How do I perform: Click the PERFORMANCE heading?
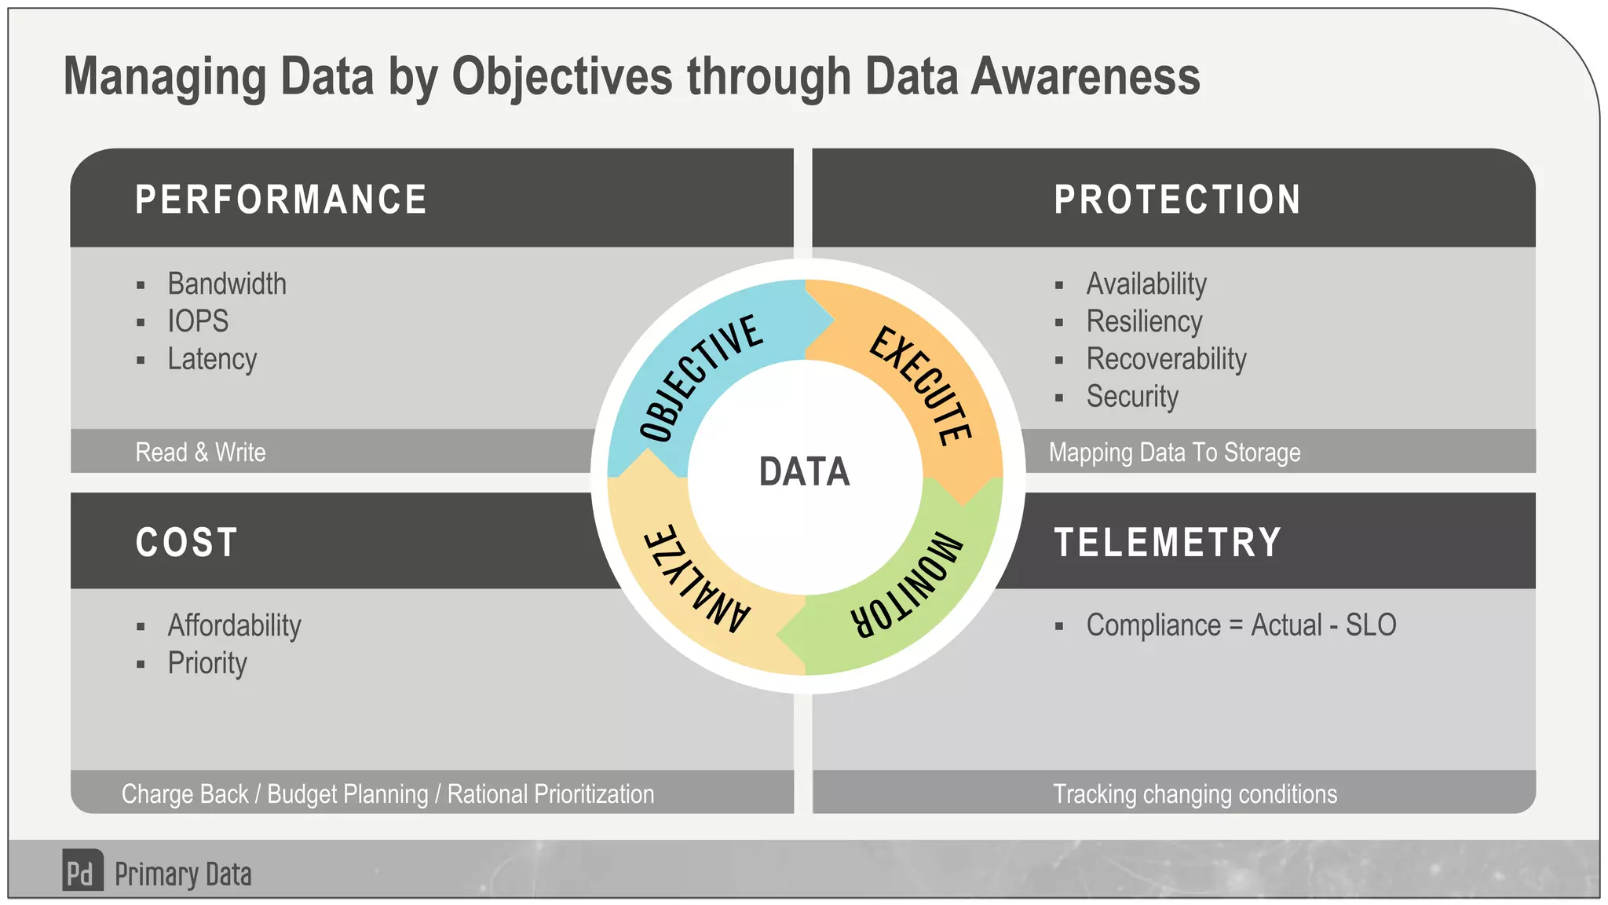(281, 200)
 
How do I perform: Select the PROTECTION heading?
(1177, 200)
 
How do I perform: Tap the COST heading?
(186, 542)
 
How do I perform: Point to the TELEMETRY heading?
(1168, 542)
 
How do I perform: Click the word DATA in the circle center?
(804, 472)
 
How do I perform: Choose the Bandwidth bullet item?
(227, 284)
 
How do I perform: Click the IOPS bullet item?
(198, 321)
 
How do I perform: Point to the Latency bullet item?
(212, 359)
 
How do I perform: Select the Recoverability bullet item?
(1166, 359)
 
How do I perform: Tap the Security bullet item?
(1132, 397)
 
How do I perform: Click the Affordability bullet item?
(234, 625)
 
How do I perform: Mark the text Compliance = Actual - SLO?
(1241, 625)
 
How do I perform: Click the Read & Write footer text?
(200, 452)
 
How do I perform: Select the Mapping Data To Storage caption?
(1175, 452)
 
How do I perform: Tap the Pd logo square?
(82, 870)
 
